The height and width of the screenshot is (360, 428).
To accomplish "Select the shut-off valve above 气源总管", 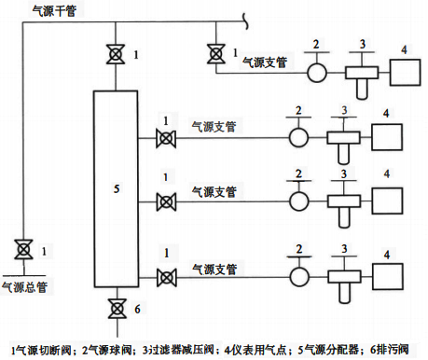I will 21,249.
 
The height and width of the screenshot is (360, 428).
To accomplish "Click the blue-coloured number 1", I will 166,177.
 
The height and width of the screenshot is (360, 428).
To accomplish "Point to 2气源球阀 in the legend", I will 108,349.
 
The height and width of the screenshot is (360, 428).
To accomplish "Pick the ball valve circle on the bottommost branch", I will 298,277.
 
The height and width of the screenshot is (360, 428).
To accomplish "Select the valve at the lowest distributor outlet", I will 166,276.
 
